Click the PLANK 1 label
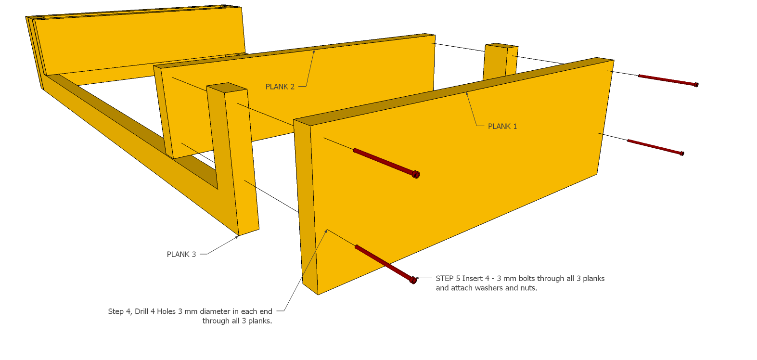pos(502,126)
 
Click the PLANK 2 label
pos(280,87)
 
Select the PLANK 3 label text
pos(181,254)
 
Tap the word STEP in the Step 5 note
pos(445,278)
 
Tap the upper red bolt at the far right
pos(667,80)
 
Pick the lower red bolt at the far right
pos(655,147)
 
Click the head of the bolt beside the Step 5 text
pos(413,280)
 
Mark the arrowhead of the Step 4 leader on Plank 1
pos(327,231)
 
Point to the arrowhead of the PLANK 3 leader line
pos(237,236)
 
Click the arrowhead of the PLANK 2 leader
pos(314,51)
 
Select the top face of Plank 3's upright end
pos(227,88)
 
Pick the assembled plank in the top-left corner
pos(140,41)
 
